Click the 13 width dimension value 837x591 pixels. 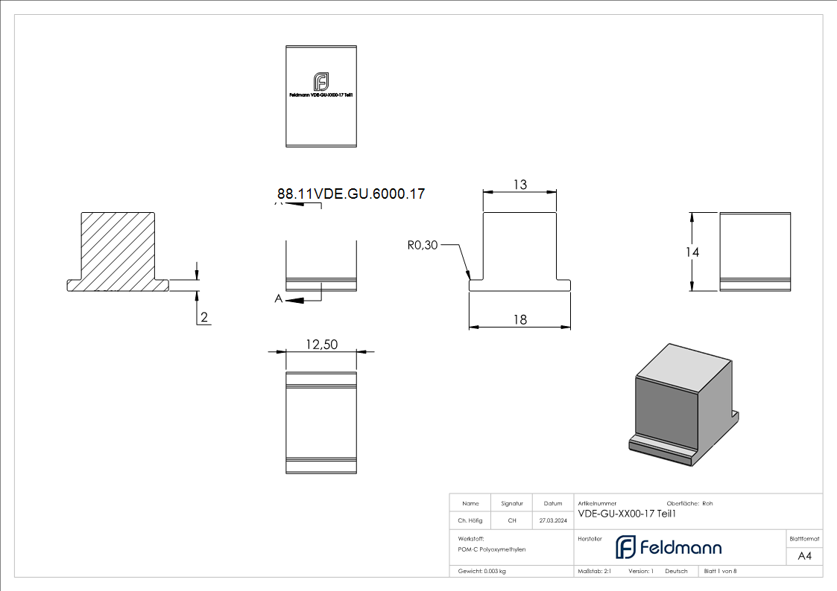[x=519, y=185]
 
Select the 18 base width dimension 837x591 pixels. [x=519, y=319]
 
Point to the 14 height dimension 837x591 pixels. [x=692, y=252]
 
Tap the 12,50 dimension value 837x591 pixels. [x=321, y=344]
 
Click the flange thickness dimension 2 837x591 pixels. [x=204, y=318]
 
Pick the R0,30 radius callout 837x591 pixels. [x=423, y=245]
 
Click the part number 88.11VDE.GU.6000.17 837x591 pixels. [x=351, y=194]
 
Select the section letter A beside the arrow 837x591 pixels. [x=279, y=299]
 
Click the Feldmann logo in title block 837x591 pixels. [x=668, y=547]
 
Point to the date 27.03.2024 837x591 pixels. [x=552, y=521]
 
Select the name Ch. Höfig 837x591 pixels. [x=470, y=521]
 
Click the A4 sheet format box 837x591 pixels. [x=804, y=556]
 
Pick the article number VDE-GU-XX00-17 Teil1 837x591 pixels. [x=627, y=513]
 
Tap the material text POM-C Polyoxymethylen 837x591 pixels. [x=492, y=549]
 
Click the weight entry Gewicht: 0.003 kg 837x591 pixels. [x=482, y=572]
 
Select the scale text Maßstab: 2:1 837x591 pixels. [x=595, y=572]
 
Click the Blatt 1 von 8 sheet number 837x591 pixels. [x=720, y=572]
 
